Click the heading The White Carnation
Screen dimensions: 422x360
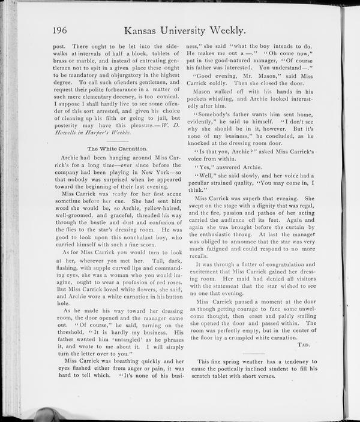pos(118,147)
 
